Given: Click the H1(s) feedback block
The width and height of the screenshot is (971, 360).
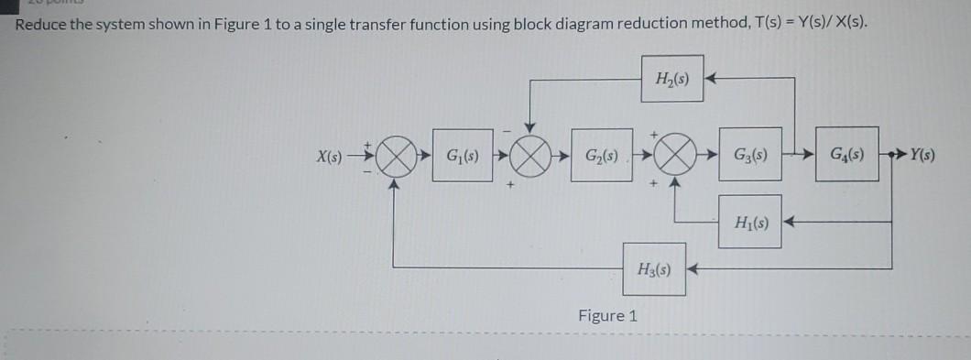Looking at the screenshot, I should tap(750, 222).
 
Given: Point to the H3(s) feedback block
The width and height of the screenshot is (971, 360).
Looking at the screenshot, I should tap(654, 269).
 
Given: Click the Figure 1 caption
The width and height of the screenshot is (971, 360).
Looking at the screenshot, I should tap(607, 316).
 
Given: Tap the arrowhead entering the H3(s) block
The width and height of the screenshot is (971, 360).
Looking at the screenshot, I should tap(693, 269).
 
